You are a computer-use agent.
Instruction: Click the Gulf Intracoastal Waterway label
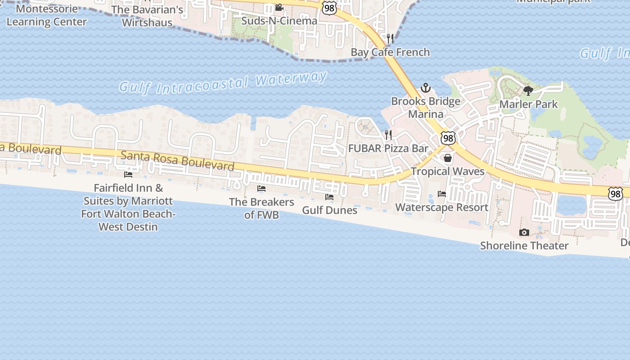223,83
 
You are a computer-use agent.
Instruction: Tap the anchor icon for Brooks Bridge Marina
425,88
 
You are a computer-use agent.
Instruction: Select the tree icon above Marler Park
528,91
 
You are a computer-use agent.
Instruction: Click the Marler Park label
529,104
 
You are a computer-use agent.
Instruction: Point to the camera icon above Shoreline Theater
524,232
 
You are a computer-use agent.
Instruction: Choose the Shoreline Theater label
524,246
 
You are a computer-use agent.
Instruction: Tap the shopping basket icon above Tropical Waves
448,158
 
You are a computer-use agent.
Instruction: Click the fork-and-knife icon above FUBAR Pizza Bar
388,135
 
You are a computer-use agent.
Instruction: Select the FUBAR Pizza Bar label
388,148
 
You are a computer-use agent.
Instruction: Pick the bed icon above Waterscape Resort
442,194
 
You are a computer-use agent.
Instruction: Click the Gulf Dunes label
329,210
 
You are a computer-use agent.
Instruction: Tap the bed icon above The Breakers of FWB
261,189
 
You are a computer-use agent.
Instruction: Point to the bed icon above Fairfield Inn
128,174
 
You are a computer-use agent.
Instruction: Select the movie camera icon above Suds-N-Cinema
279,8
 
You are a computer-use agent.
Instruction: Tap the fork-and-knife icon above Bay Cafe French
390,39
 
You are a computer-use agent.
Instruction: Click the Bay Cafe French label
390,52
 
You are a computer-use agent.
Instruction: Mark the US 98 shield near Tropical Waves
448,138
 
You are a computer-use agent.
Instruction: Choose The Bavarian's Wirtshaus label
147,16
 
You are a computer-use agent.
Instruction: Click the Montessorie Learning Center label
46,15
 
